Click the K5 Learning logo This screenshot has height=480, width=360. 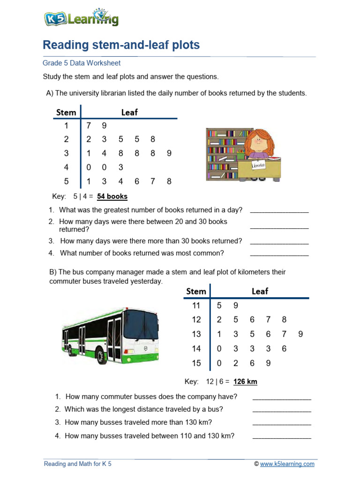81,18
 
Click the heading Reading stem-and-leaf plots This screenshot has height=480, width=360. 121,45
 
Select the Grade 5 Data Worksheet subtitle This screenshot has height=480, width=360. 82,63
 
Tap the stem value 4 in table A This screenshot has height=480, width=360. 66,167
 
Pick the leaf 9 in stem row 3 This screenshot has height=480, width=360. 169,153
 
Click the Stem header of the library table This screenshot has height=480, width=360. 66,112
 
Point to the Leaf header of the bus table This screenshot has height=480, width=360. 260,291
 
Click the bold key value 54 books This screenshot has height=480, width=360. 112,196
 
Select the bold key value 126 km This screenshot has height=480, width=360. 245,382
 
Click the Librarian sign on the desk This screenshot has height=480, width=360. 258,166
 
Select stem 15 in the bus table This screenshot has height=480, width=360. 196,363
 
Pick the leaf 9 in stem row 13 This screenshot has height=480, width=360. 300,334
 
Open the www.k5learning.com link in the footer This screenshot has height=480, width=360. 287,464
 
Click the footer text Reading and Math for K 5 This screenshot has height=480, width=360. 78,464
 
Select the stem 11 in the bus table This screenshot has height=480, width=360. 196,306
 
